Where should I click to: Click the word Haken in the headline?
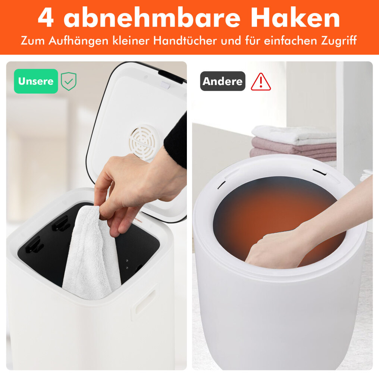[295, 18]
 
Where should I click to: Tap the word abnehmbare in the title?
[152, 18]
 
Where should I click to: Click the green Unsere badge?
[36, 81]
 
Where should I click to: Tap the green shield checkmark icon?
[69, 81]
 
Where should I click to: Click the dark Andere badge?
[223, 81]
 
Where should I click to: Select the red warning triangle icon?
[261, 82]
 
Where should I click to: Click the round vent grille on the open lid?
[142, 142]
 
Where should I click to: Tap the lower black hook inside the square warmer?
[35, 245]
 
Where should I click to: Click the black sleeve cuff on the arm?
[176, 141]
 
